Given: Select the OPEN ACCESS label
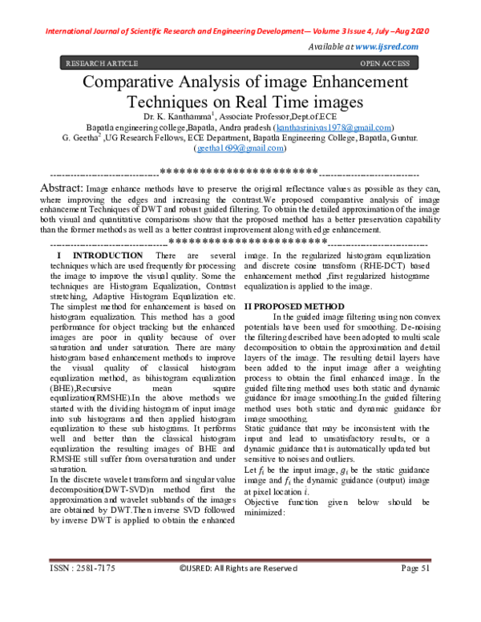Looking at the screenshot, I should pos(386,63).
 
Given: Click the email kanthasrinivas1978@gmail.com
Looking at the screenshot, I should pos(333,127).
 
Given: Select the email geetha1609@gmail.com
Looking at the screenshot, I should pos(240,148).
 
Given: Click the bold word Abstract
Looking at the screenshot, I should pos(62,186).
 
